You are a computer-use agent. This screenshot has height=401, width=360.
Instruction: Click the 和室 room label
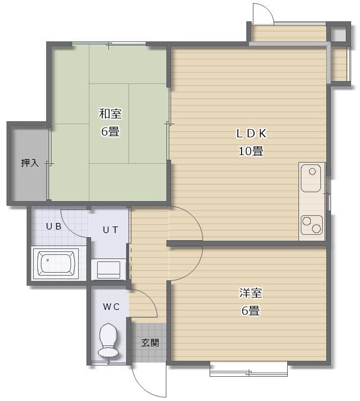[110, 114]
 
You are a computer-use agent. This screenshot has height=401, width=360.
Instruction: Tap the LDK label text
[251, 134]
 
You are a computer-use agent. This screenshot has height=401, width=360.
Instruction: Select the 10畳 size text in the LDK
[251, 151]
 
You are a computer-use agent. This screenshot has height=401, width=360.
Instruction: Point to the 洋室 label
[250, 293]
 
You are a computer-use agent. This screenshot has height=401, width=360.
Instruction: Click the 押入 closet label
[30, 163]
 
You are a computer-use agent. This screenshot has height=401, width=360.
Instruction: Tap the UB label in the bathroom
[53, 227]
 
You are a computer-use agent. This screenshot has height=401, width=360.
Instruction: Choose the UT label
[110, 230]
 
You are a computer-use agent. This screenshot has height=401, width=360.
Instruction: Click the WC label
[111, 306]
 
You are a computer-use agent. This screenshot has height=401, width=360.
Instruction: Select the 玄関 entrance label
[150, 342]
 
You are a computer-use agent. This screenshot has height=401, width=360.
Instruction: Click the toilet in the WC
[108, 340]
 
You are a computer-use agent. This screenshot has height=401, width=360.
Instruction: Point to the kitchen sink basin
[311, 178]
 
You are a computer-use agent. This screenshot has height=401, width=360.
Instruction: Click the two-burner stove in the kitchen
[312, 225]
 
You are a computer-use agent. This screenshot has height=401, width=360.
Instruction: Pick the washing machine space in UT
[108, 270]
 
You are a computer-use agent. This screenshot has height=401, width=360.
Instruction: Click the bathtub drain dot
[47, 260]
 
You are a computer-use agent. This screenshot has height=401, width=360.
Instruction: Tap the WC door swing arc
[149, 298]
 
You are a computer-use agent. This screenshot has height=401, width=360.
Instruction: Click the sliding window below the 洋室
[248, 369]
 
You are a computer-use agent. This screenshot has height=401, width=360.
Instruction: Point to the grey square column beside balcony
[338, 33]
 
